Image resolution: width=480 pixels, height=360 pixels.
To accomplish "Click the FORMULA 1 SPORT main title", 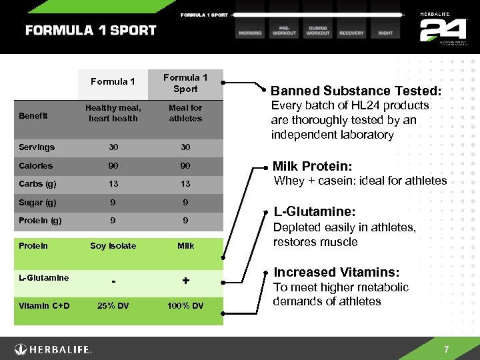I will (x=91, y=31).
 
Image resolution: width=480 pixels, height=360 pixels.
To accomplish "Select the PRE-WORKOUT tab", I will (x=283, y=30).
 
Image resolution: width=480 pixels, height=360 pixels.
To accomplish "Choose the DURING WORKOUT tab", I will (x=317, y=30).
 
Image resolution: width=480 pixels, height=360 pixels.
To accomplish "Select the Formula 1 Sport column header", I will (x=185, y=83).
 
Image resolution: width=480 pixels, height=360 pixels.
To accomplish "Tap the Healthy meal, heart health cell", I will (x=113, y=113).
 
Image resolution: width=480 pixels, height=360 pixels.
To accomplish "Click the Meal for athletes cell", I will (x=185, y=113).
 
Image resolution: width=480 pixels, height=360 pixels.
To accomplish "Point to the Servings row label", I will (x=37, y=147).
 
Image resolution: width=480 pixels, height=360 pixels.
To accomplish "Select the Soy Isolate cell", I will (x=113, y=246).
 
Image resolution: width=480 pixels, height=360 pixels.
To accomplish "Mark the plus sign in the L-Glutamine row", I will (x=186, y=282).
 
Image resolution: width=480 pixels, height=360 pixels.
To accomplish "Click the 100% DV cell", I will (x=185, y=307).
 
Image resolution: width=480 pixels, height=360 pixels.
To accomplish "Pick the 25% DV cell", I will (x=113, y=307).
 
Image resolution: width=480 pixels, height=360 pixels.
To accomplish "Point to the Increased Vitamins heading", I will (x=337, y=272).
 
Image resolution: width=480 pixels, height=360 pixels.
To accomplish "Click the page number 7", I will (x=447, y=349).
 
